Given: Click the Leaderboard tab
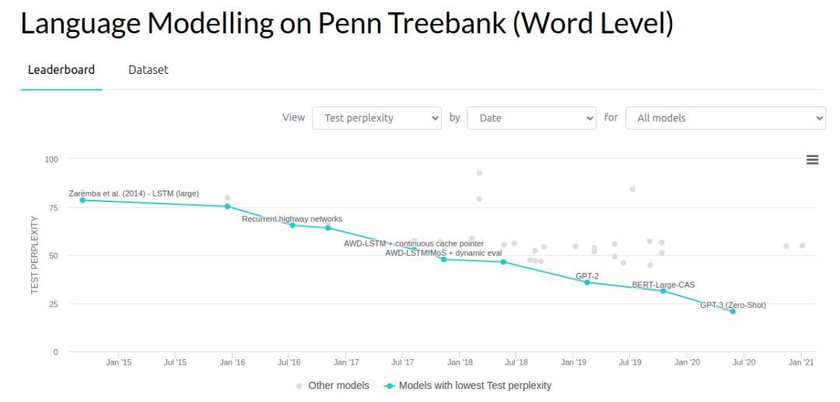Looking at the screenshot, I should [61, 70].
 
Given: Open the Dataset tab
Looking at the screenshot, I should [148, 70].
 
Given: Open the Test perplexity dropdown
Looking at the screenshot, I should [376, 118].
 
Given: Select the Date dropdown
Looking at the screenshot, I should [531, 118].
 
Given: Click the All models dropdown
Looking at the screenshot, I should [726, 118].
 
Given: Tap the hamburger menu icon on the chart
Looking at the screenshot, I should [812, 159].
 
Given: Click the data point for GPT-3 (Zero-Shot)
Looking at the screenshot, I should [733, 311].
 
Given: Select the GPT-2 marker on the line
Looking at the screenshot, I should [587, 282].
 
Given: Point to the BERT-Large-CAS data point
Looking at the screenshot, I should [663, 291].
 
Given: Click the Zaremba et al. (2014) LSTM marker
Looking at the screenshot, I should [82, 200].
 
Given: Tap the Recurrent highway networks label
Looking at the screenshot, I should [292, 218].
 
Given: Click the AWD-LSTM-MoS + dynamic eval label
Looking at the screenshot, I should [443, 253].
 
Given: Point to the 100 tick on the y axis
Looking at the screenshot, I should [51, 159].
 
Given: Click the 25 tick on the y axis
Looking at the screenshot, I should [53, 304].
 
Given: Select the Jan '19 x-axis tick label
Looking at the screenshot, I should [573, 362].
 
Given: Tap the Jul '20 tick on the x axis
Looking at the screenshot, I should [744, 362].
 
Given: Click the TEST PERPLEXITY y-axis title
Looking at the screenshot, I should [34, 255].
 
